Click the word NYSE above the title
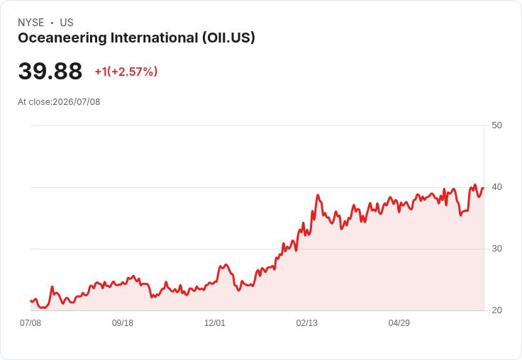point(31,23)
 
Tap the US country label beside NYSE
point(67,23)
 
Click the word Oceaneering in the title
point(62,38)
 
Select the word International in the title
point(155,38)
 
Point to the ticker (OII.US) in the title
point(228,38)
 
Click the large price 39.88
point(50,71)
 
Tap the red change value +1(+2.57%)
point(126,72)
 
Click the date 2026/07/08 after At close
point(77,102)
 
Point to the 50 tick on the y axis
point(496,125)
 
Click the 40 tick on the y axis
point(496,187)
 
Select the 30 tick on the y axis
point(496,249)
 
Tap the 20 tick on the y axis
point(496,310)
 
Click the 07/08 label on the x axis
point(30,323)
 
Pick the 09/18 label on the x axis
point(123,323)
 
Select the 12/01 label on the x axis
point(215,323)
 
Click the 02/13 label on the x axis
point(307,323)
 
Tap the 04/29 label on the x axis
point(399,323)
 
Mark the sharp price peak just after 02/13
point(318,195)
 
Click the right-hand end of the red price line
point(484,189)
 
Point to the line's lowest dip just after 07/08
point(43,308)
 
